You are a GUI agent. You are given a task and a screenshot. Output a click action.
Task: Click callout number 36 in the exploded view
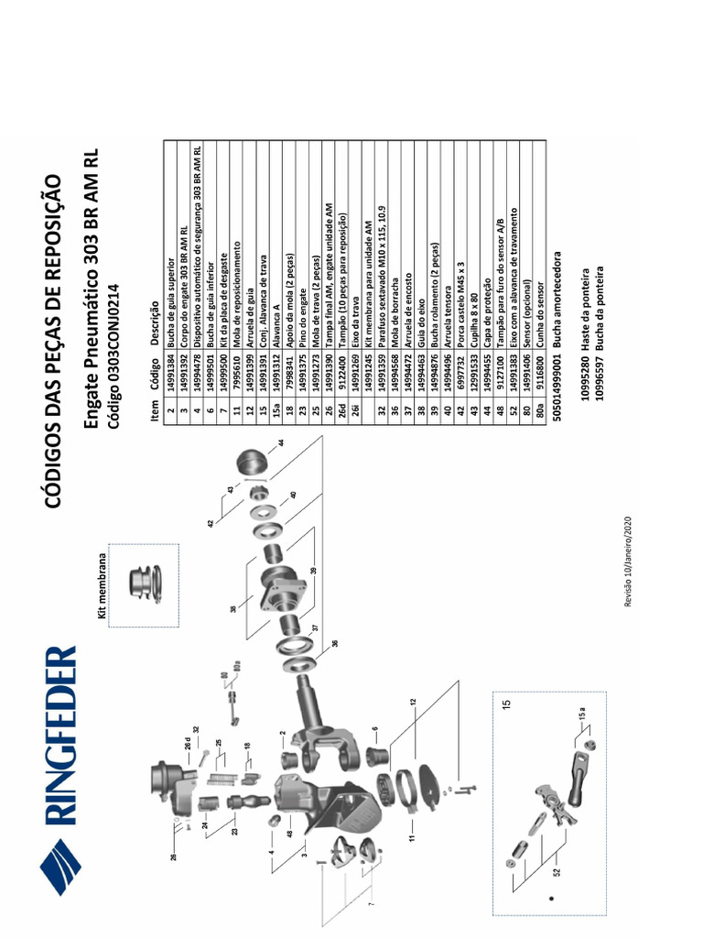335,643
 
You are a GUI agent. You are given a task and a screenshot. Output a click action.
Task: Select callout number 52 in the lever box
555,873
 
